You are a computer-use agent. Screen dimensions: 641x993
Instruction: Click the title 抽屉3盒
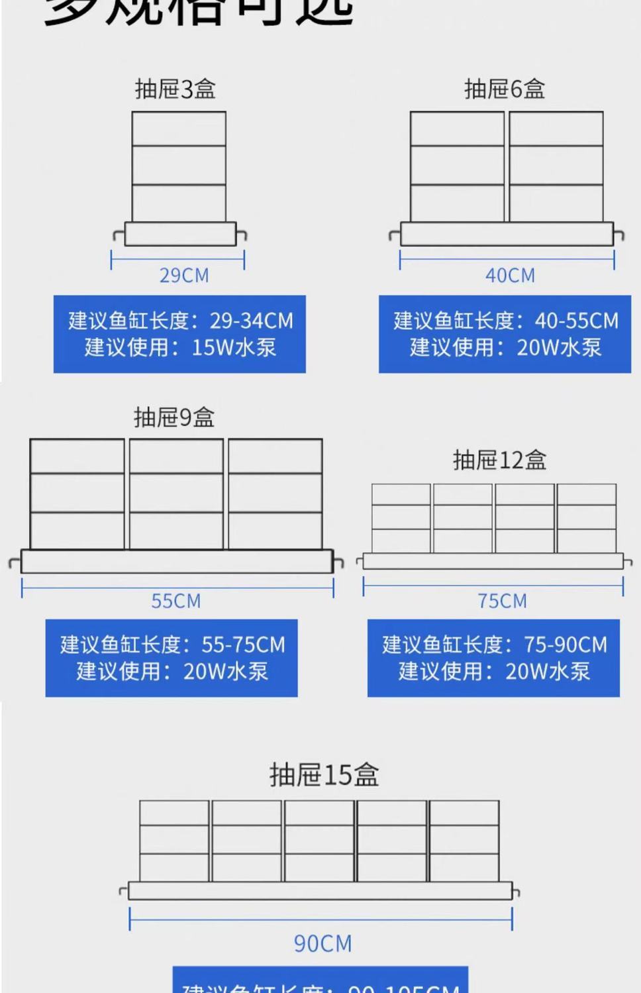coord(175,89)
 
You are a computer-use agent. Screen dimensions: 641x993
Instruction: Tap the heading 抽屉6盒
coord(505,89)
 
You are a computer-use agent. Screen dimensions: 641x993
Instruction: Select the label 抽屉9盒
coord(174,417)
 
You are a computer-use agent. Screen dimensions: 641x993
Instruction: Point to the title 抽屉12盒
coord(500,460)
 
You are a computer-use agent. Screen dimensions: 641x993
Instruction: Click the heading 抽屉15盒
coord(324,774)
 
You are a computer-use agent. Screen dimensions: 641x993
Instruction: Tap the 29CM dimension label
coord(184,275)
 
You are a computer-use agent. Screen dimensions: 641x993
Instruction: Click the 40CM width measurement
coord(510,275)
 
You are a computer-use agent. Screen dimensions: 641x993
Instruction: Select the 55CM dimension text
coord(175,601)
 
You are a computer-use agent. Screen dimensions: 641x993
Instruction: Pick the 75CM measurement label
coord(502,601)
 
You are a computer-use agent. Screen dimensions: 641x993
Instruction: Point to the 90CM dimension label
coord(322,943)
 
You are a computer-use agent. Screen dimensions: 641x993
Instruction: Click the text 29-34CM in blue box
coord(252,321)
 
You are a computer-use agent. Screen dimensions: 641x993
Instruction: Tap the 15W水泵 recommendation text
coord(234,348)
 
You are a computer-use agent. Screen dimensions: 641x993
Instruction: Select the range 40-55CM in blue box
coord(576,321)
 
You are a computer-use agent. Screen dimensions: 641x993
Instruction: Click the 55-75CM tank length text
coord(243,645)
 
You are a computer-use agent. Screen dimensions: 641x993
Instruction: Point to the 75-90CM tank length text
coord(566,645)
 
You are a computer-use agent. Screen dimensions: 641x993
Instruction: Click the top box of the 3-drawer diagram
coord(179,129)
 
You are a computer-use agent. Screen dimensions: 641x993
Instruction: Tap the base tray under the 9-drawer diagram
coord(177,561)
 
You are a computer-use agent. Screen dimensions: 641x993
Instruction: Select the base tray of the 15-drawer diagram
coord(320,890)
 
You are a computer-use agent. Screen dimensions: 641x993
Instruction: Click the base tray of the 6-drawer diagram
coord(507,234)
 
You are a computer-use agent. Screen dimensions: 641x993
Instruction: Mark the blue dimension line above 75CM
coord(493,586)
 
